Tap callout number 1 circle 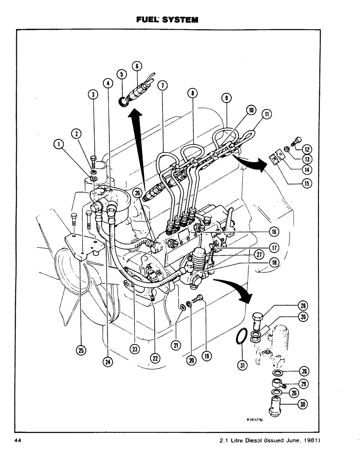58,145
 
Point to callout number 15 305,182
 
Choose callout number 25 81,351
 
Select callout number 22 155,358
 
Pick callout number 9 226,97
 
